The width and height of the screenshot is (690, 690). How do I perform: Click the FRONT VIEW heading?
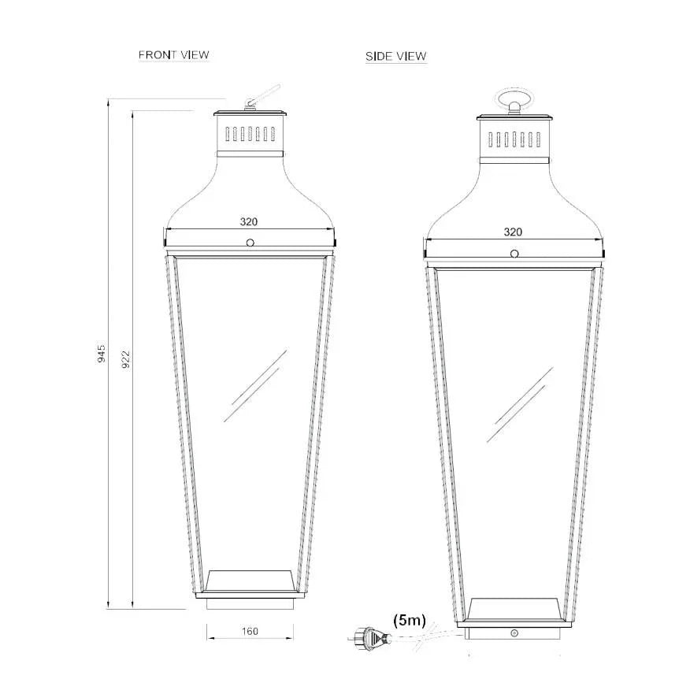coord(173,55)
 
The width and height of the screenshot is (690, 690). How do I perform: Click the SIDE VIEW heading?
coord(395,57)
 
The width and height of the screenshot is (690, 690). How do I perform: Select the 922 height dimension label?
coord(124,358)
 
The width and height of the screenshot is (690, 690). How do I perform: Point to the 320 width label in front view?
coord(249,222)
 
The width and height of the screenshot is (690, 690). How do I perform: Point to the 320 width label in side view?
coord(513,232)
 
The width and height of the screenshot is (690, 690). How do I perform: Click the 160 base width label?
coord(250,631)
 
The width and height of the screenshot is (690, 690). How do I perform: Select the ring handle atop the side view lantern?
coord(514,99)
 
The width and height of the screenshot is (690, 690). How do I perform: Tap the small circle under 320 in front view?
coord(250,243)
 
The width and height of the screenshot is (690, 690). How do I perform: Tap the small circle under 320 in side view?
coord(514,253)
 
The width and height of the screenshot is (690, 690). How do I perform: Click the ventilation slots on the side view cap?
coord(514,140)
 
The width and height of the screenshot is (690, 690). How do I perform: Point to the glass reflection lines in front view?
coord(254,386)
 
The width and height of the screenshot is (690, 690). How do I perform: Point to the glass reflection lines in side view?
coord(519,404)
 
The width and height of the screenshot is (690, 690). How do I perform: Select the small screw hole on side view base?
coord(514,632)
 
